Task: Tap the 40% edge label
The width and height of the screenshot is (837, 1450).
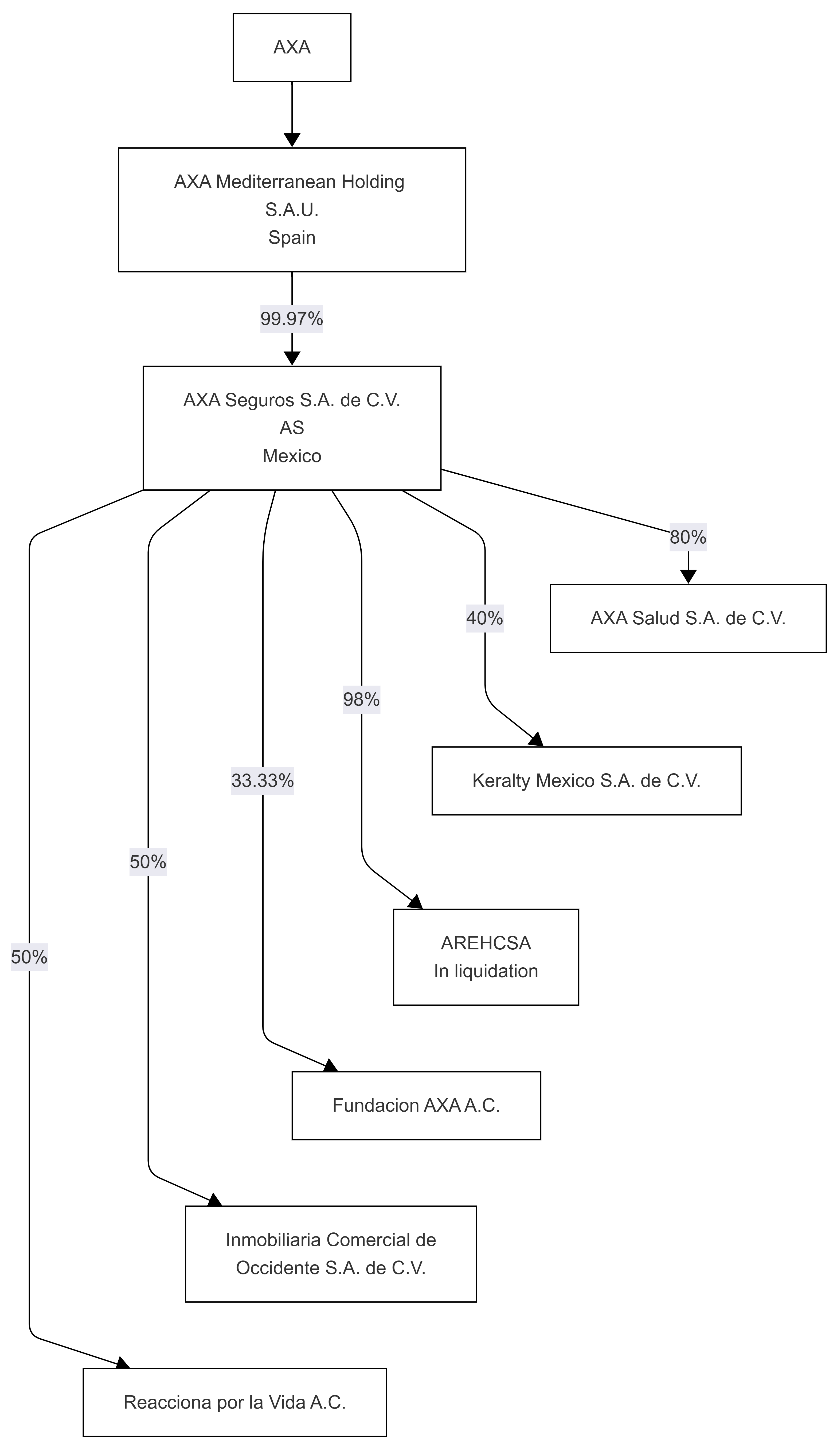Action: tap(485, 618)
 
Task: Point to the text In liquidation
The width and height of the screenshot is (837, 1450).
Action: tap(486, 971)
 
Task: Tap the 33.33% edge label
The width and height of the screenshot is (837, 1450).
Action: tap(263, 780)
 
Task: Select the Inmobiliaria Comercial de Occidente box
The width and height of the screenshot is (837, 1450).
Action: tap(331, 1254)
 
